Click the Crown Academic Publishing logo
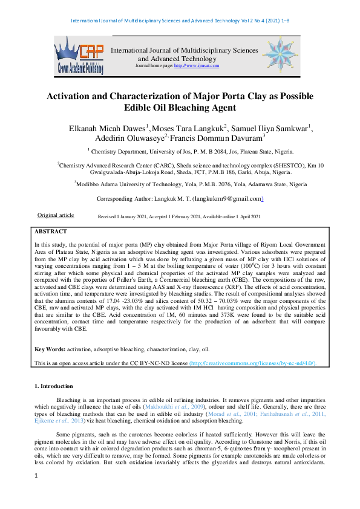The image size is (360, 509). (79, 55)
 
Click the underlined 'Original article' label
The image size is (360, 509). (56, 215)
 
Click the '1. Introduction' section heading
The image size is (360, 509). (54, 386)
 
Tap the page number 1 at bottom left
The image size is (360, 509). (36, 493)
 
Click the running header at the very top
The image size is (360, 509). (180, 21)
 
